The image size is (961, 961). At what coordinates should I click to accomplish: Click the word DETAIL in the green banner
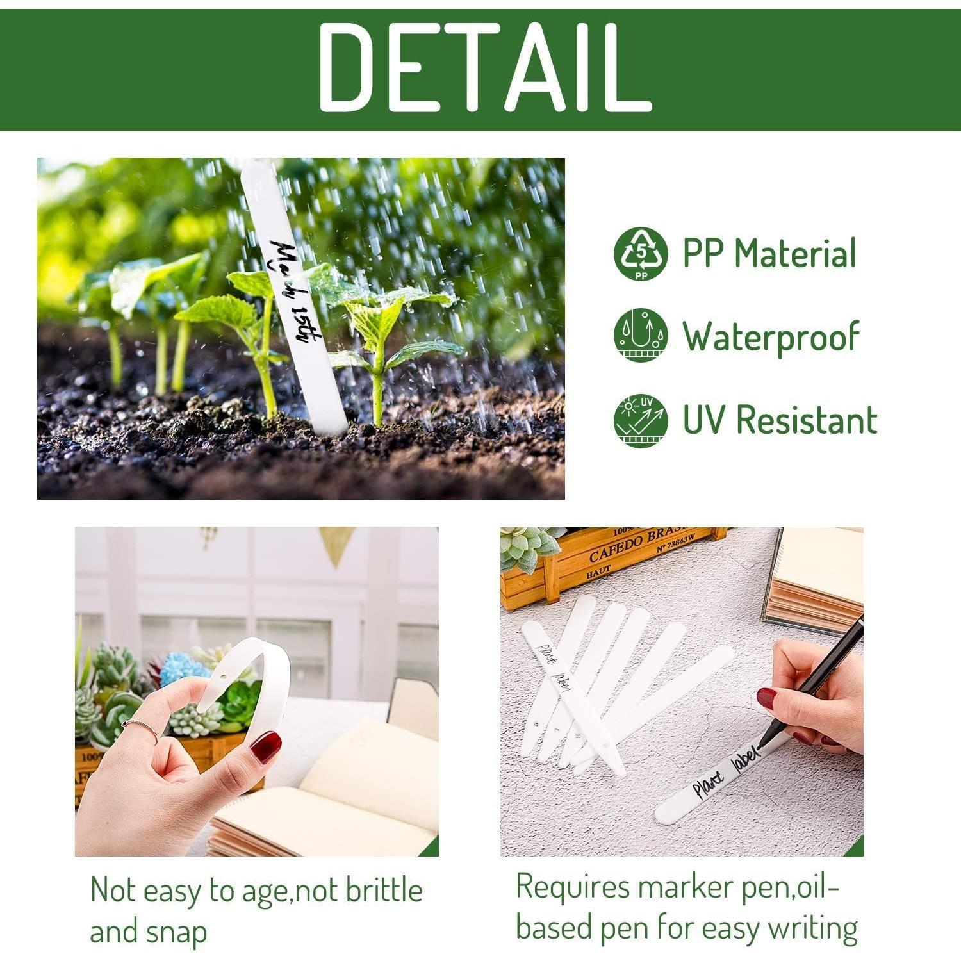pyautogui.click(x=484, y=67)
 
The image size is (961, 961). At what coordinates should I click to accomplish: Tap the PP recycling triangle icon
pyautogui.click(x=640, y=253)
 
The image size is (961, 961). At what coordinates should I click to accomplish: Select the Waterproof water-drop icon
pyautogui.click(x=640, y=335)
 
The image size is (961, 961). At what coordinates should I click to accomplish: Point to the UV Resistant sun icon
pyautogui.click(x=640, y=420)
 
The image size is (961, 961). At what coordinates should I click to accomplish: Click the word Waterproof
pyautogui.click(x=771, y=337)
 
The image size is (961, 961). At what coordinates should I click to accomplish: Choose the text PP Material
pyautogui.click(x=769, y=253)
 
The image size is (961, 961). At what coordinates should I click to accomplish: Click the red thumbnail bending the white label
pyautogui.click(x=265, y=747)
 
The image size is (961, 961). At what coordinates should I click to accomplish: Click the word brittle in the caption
pyautogui.click(x=384, y=891)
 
